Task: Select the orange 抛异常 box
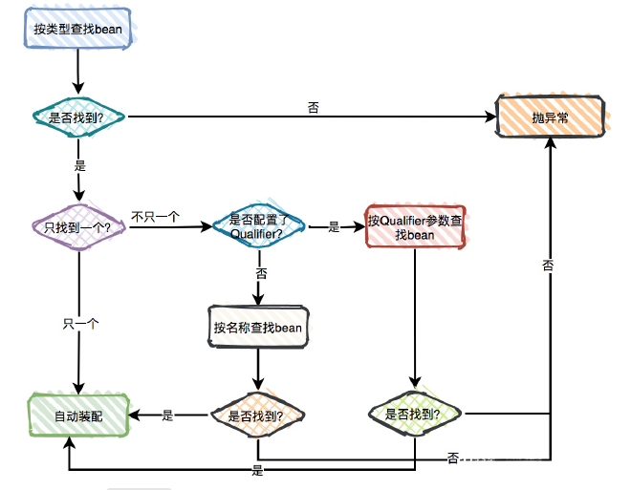click(551, 117)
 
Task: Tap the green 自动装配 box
click(77, 415)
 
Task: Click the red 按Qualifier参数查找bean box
click(417, 227)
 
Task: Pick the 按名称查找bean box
click(257, 328)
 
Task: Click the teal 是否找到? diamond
click(76, 117)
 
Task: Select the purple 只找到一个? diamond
click(77, 227)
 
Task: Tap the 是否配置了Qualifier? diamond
click(255, 227)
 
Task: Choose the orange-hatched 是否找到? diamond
click(257, 415)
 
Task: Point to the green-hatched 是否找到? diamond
click(415, 415)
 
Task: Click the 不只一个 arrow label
click(156, 217)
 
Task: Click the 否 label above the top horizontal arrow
click(313, 107)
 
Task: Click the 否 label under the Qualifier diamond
click(260, 273)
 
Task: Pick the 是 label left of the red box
click(335, 227)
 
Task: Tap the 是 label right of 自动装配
click(168, 415)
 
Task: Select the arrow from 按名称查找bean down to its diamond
click(257, 368)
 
